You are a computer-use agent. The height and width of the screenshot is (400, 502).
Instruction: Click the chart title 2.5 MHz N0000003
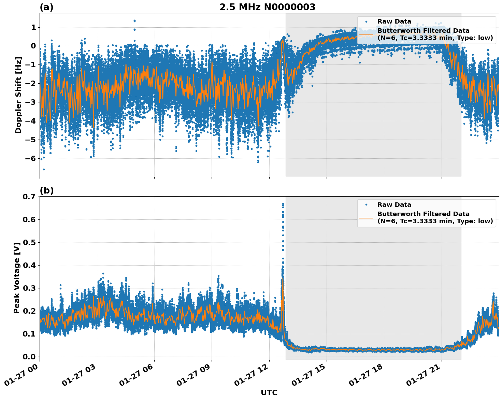(x=267, y=7)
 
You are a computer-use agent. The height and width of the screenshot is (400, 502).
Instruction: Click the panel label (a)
(x=46, y=7)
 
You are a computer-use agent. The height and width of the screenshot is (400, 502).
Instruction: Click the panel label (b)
(x=46, y=190)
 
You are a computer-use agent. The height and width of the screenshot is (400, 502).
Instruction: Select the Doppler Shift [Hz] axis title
(x=18, y=95)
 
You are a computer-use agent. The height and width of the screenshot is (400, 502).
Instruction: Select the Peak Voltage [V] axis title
(x=17, y=278)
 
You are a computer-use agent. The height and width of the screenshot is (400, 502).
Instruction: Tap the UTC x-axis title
(x=269, y=392)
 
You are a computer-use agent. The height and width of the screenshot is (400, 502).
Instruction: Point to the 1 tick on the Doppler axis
(x=33, y=27)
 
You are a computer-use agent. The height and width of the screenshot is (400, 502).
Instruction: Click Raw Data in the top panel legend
(x=394, y=22)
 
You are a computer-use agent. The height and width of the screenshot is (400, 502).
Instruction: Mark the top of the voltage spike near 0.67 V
(x=283, y=204)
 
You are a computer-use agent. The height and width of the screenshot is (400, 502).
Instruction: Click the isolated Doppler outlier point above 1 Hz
(x=134, y=21)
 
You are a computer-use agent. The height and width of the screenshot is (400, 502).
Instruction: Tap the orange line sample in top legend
(x=366, y=34)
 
